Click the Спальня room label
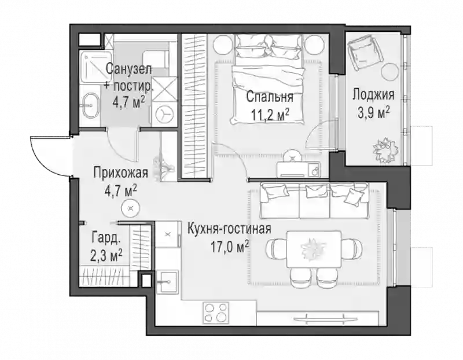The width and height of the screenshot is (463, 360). click(270, 97)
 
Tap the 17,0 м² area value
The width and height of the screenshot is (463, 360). click(229, 247)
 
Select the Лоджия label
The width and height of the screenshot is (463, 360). click(373, 95)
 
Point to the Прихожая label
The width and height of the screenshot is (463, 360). click(120, 173)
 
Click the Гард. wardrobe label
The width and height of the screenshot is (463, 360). click(106, 238)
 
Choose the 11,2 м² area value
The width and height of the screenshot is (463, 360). click(270, 115)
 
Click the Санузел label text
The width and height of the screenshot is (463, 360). click(128, 69)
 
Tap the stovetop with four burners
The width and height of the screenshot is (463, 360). click(215, 313)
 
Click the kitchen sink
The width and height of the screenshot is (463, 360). click(167, 282)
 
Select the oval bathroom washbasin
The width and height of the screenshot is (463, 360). click(91, 105)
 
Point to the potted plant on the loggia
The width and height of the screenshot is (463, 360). click(384, 149)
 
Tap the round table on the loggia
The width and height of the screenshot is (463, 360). click(389, 71)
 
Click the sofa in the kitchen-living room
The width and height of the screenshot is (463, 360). click(314, 200)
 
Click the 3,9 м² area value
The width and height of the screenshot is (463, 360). click(373, 112)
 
